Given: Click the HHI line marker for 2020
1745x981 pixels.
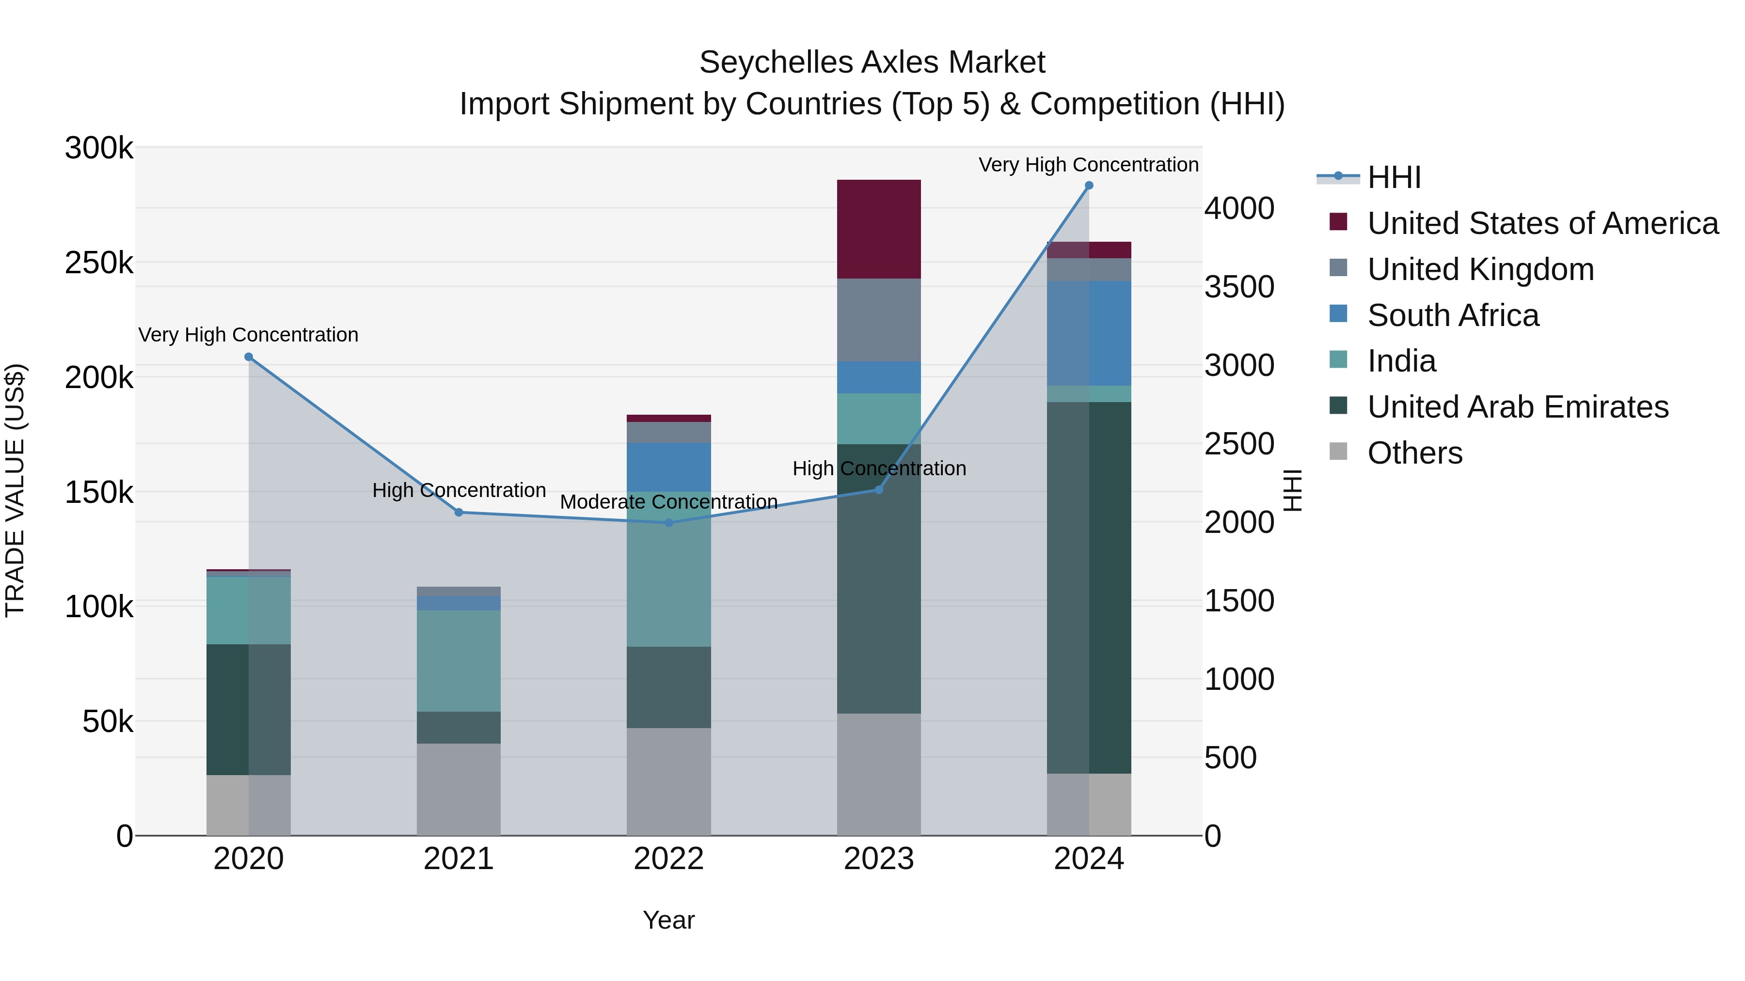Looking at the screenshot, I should coord(249,357).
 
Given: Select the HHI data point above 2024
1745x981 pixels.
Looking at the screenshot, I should coord(1089,186).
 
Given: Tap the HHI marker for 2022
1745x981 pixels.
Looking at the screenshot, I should coord(668,523).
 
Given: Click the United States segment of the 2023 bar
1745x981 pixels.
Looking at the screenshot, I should coord(879,229).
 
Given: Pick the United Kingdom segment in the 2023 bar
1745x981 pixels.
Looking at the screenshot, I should coord(879,320).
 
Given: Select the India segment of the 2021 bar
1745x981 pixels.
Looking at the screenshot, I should coord(459,660).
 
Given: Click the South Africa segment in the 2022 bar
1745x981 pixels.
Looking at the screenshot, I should coord(668,467).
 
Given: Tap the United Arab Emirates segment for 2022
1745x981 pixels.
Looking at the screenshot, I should coord(668,687).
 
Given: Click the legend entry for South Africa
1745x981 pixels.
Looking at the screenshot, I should coord(1453,315).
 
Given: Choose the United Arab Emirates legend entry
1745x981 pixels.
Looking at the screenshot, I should coord(1517,407).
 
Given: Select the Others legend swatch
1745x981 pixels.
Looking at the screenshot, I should coord(1338,452).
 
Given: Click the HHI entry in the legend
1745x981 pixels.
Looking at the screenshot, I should coord(1394,177).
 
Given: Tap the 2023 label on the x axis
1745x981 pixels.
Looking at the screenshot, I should coord(879,859).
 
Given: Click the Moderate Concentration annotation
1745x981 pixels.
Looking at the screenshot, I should coord(668,502).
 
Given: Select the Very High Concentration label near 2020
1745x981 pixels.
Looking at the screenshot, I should coord(249,334).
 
